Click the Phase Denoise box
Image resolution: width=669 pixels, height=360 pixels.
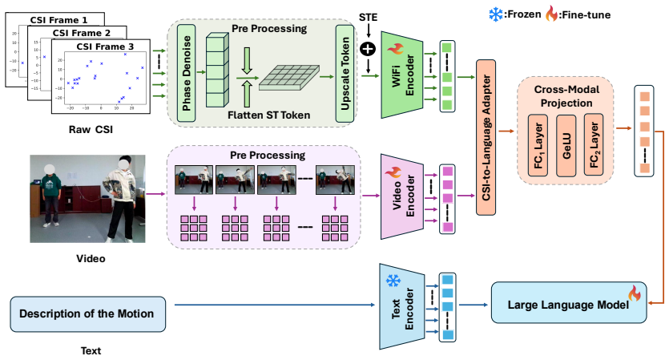[186, 73]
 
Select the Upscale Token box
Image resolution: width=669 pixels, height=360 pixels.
[345, 74]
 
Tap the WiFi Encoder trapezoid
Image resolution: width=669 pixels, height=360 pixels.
[401, 75]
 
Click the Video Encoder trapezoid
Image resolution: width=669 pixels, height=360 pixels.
[401, 196]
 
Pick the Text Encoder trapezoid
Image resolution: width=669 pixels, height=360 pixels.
[401, 306]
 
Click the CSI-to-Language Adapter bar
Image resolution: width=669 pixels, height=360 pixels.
[486, 137]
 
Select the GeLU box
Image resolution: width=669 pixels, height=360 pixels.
[566, 145]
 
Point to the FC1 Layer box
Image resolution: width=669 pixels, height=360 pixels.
[538, 145]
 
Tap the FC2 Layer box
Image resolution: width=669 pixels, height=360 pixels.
[594, 145]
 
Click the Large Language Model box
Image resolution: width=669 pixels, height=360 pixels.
[569, 303]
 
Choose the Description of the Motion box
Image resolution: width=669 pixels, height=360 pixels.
[87, 314]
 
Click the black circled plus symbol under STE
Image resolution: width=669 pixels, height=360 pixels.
[368, 49]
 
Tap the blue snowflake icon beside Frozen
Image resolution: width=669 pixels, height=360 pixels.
[496, 15]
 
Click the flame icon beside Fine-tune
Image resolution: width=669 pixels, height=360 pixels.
[552, 14]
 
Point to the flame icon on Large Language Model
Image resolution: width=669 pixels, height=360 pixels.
[635, 293]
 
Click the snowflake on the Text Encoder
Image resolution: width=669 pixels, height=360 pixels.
[393, 281]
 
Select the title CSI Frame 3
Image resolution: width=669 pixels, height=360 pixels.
[105, 47]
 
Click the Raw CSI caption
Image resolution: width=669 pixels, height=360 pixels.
[91, 130]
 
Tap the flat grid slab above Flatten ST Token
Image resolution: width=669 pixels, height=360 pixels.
[289, 78]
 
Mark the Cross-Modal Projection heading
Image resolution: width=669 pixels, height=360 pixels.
[566, 96]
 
